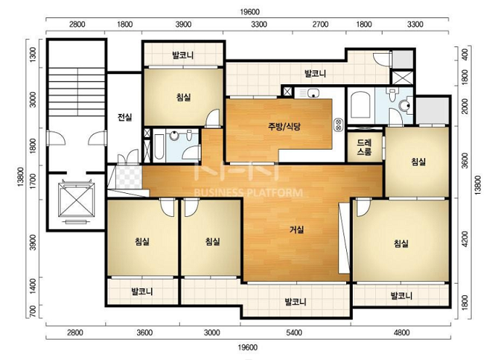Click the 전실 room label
[125, 118]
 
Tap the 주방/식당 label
[284, 126]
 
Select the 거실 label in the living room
[297, 229]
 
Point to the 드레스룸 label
[364, 147]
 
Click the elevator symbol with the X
[76, 200]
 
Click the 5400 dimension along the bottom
[294, 332]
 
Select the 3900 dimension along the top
[183, 25]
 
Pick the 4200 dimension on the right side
[465, 239]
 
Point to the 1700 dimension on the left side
[33, 182]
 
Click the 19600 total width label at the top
[250, 12]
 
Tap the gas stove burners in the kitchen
[339, 124]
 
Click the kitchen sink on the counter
[313, 93]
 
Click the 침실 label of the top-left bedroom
[184, 97]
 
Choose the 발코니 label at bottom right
[401, 296]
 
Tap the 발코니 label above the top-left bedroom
[183, 55]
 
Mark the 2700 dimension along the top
[320, 25]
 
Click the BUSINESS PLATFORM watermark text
[248, 192]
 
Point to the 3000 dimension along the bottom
[212, 332]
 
